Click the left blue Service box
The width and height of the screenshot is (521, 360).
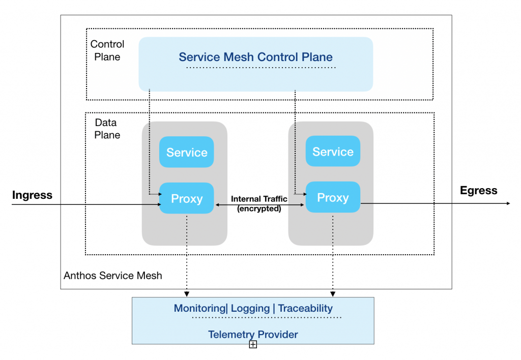pyautogui.click(x=187, y=152)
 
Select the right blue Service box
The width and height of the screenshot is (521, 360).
pyautogui.click(x=333, y=152)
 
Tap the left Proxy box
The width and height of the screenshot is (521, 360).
pyautogui.click(x=187, y=198)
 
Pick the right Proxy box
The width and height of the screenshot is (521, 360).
pyautogui.click(x=333, y=197)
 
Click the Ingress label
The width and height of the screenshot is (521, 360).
pyautogui.click(x=32, y=195)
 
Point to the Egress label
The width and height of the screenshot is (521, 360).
pyautogui.click(x=478, y=191)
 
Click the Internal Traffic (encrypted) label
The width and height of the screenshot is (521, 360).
pyautogui.click(x=259, y=203)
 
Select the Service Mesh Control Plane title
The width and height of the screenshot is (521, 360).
pyautogui.click(x=255, y=57)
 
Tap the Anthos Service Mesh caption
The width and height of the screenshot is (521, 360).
pyautogui.click(x=113, y=276)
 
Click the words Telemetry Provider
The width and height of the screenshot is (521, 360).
pyautogui.click(x=253, y=335)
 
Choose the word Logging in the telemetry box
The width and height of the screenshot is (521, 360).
pyautogui.click(x=250, y=308)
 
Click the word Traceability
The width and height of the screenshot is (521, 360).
pyautogui.click(x=305, y=308)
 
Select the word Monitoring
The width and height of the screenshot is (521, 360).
pyautogui.click(x=199, y=308)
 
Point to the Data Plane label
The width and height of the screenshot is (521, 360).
pyautogui.click(x=107, y=129)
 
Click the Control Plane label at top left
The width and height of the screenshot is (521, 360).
pyautogui.click(x=107, y=50)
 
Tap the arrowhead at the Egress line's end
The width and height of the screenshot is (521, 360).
pyautogui.click(x=508, y=203)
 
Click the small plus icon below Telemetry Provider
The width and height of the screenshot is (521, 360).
pyautogui.click(x=253, y=345)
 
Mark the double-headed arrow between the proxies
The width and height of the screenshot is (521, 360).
pyautogui.click(x=259, y=205)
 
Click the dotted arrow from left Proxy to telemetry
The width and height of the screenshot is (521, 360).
pyautogui.click(x=187, y=254)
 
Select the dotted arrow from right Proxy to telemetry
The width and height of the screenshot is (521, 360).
pyautogui.click(x=333, y=254)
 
